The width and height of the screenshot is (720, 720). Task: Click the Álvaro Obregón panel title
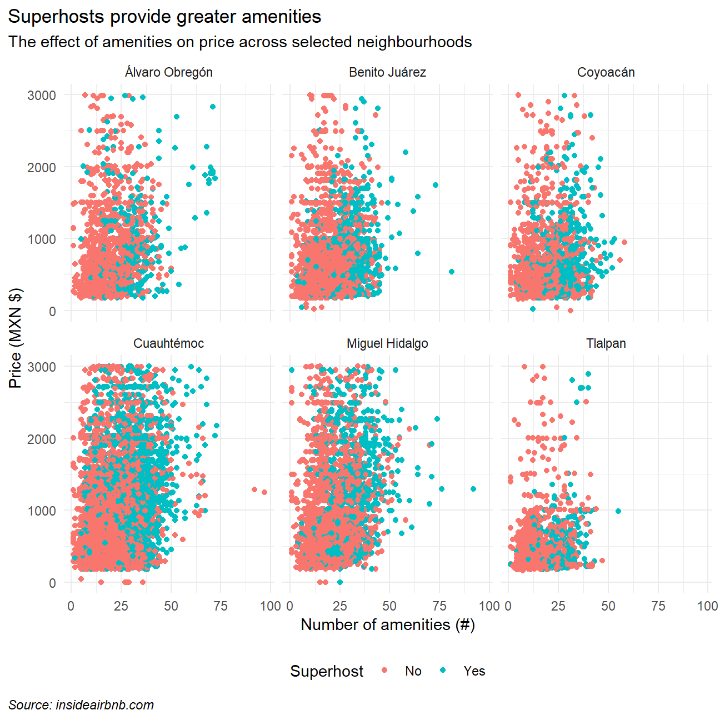click(x=168, y=72)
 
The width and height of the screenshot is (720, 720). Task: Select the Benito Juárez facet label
click(x=387, y=72)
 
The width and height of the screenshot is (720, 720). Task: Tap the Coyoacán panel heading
click(x=606, y=72)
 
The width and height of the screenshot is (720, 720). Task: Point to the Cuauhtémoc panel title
click(x=168, y=343)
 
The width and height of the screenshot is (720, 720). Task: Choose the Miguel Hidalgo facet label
click(x=387, y=343)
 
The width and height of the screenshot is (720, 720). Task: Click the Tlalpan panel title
click(x=606, y=343)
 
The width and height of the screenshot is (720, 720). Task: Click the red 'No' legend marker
click(x=385, y=671)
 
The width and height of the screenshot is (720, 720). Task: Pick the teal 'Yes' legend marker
click(x=442, y=671)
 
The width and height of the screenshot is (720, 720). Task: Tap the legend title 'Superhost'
click(x=327, y=671)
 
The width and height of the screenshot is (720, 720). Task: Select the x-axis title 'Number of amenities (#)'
click(x=387, y=624)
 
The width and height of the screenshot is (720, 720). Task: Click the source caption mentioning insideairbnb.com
click(x=81, y=705)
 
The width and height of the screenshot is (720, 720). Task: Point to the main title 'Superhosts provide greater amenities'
click(x=164, y=17)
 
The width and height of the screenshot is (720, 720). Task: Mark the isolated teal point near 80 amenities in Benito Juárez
click(x=451, y=272)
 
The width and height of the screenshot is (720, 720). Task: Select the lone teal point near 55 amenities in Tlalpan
click(x=618, y=511)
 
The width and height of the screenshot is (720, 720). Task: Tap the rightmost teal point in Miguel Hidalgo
click(x=473, y=489)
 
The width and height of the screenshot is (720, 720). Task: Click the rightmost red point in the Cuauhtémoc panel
click(x=264, y=492)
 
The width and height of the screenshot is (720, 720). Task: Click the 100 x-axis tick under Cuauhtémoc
click(x=271, y=606)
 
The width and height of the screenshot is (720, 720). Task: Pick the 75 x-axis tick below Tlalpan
click(x=658, y=606)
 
